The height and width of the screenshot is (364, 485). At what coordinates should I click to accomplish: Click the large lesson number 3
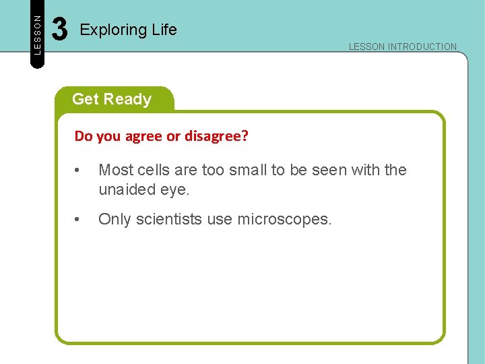point(60,30)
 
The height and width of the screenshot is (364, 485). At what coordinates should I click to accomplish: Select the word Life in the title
point(164,30)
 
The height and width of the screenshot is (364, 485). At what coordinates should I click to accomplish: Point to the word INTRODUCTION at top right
point(422,47)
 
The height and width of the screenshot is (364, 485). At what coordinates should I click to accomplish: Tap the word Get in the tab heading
point(85,99)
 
